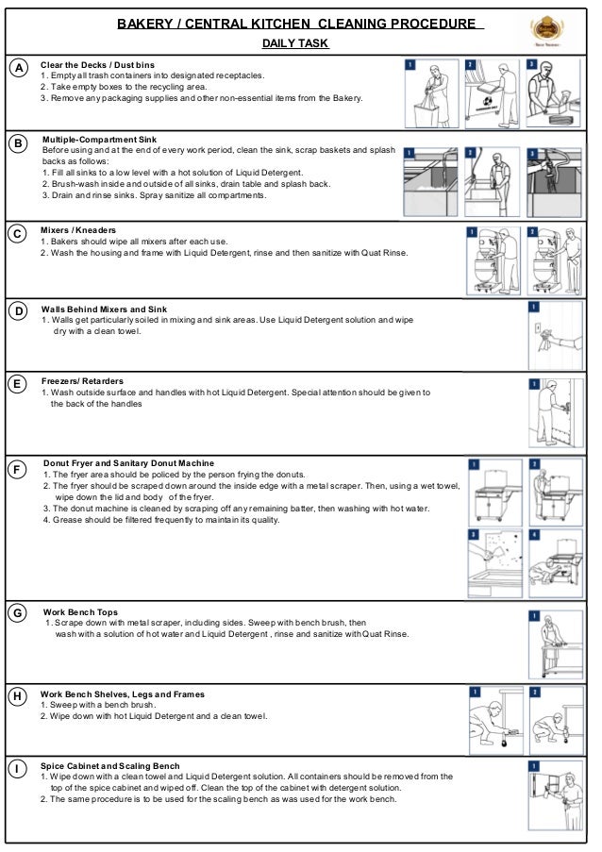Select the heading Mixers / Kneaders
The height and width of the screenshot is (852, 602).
pyautogui.click(x=78, y=229)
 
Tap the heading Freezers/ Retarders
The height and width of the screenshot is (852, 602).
pyautogui.click(x=82, y=381)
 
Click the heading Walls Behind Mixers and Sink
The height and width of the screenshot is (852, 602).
pyautogui.click(x=104, y=309)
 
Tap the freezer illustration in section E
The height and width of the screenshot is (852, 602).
pyautogui.click(x=552, y=413)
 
